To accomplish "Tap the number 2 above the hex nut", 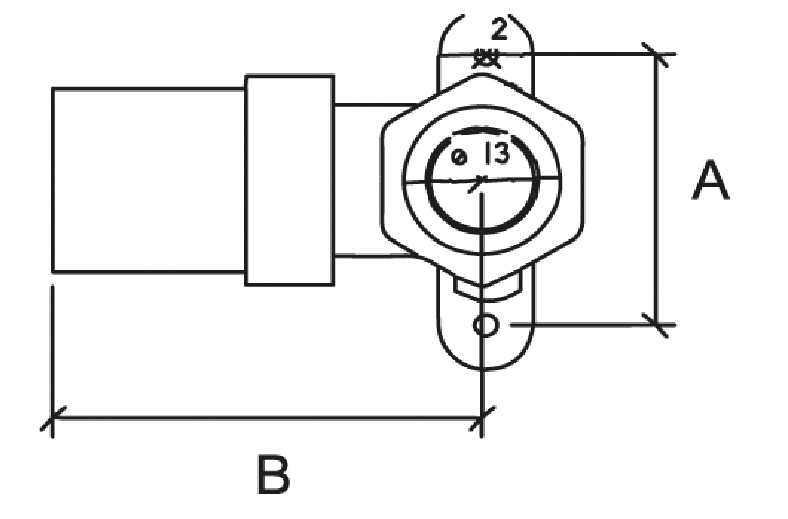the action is (x=499, y=29).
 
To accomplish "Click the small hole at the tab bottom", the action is (x=486, y=325).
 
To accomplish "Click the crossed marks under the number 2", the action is (x=486, y=60).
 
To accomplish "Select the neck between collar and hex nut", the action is (x=374, y=180).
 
